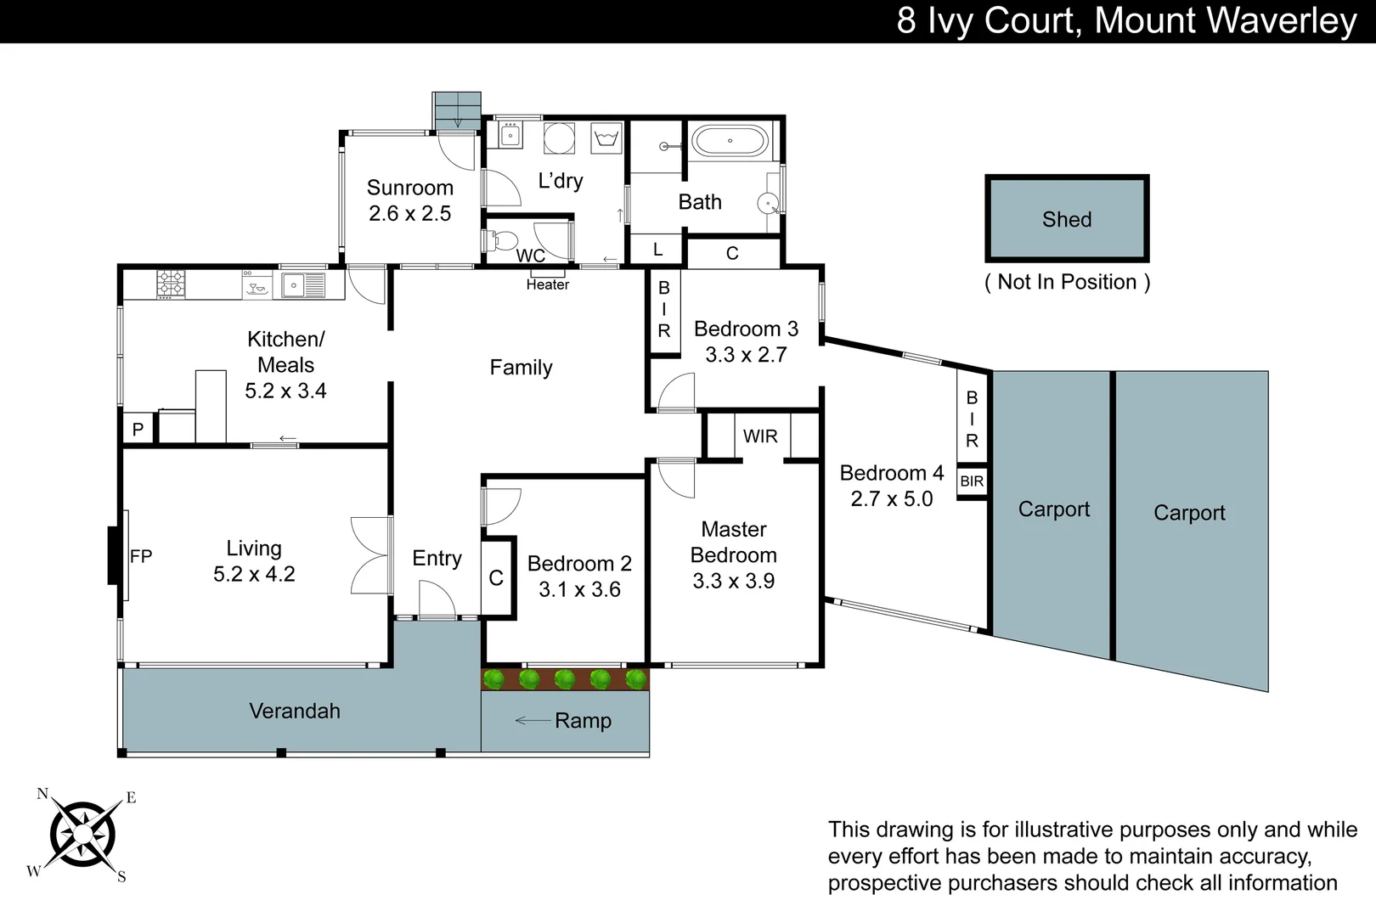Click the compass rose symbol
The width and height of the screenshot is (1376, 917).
82,835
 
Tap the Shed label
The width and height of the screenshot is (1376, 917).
1067,219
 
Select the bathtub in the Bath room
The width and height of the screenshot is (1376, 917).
730,141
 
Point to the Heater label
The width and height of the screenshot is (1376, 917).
547,284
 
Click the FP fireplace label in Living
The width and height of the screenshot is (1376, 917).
141,556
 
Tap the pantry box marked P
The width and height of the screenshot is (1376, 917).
138,429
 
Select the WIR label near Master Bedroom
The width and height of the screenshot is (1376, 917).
759,436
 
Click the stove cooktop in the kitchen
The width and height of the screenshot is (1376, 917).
171,284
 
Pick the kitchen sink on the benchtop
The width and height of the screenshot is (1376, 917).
294,284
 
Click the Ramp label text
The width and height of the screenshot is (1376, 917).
583,721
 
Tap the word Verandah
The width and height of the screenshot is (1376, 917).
294,711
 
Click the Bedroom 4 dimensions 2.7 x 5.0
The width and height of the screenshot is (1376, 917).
891,499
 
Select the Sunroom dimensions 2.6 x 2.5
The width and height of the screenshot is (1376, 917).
409,213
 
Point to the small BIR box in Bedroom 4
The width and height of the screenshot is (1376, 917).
972,481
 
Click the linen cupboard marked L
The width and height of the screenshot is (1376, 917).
657,250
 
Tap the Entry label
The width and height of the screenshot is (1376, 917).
437,558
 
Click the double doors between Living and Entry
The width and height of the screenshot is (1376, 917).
371,556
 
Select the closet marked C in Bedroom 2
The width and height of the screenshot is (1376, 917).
496,577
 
